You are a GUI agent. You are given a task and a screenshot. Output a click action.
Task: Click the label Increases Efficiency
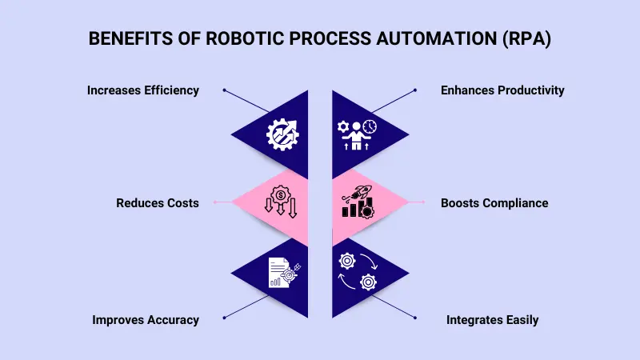[x=142, y=90]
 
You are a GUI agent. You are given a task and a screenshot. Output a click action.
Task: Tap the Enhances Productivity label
[x=502, y=90]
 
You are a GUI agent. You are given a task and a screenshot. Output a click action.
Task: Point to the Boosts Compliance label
[x=494, y=203]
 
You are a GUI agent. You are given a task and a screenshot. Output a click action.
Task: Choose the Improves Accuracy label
[x=145, y=320]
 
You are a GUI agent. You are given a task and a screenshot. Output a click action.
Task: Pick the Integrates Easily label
[x=492, y=320]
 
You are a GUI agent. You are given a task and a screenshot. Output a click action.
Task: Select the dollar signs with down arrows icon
[x=281, y=202]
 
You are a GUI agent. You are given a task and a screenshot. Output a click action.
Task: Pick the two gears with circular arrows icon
[x=358, y=270]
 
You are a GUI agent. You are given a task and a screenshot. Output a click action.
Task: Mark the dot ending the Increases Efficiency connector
[x=225, y=90]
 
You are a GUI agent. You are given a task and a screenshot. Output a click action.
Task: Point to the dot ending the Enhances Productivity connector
[x=415, y=90]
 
